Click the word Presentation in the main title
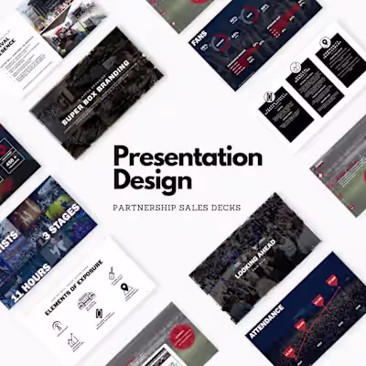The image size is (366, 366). (188, 156)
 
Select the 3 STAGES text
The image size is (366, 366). (63, 226)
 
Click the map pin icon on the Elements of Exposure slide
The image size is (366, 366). (126, 290)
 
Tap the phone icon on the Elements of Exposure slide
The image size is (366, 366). (98, 316)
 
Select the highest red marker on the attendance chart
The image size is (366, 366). (332, 280)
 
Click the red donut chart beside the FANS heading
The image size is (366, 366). (249, 13)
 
